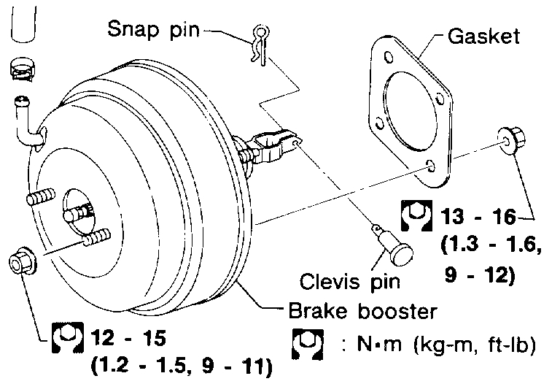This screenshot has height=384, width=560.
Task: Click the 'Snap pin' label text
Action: tap(154, 30)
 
